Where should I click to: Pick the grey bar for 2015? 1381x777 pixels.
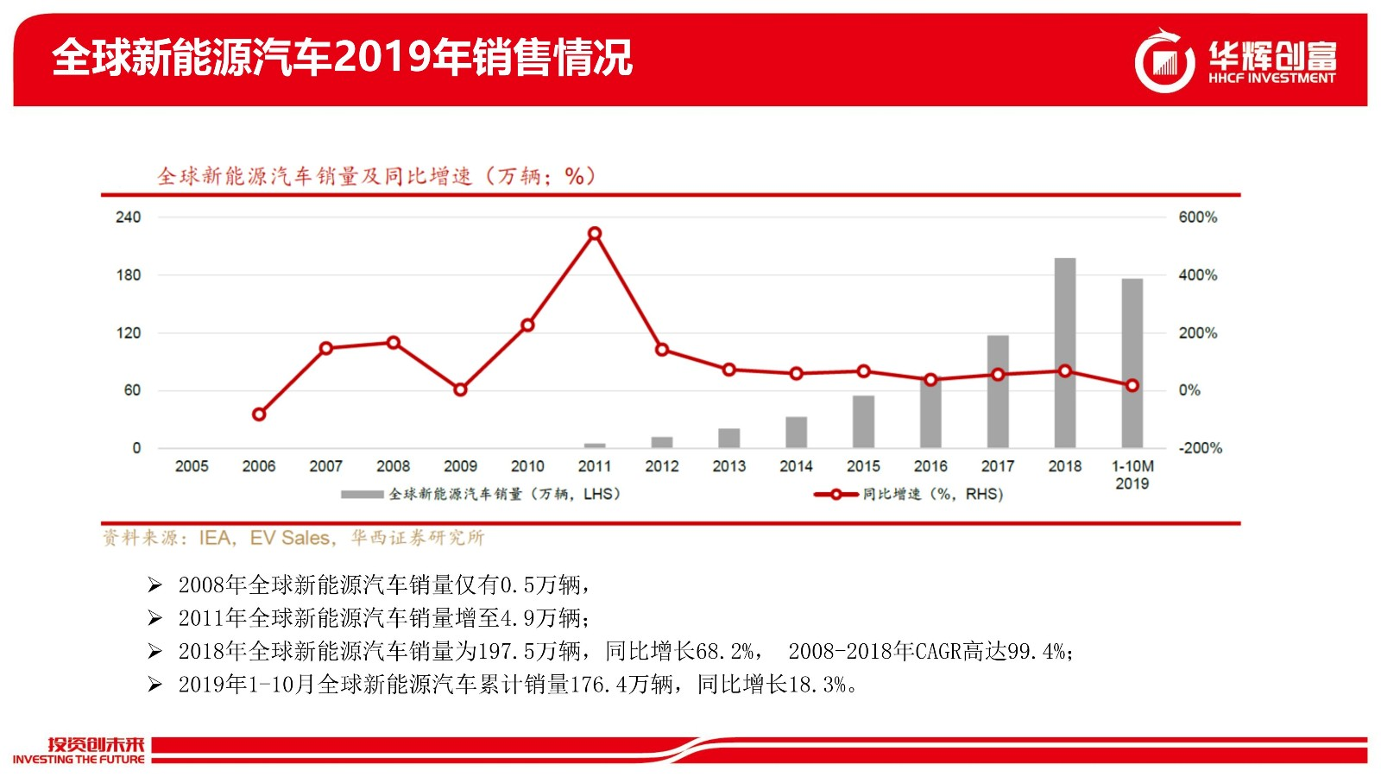click(x=863, y=421)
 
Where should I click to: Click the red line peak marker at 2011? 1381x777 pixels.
click(x=594, y=233)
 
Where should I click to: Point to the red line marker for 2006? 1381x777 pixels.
click(x=259, y=414)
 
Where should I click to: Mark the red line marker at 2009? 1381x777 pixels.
click(x=460, y=389)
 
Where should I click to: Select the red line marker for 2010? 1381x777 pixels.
click(x=527, y=325)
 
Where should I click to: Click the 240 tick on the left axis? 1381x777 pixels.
click(x=128, y=217)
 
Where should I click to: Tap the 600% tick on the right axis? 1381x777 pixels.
click(x=1198, y=217)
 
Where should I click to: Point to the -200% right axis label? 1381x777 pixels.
click(x=1200, y=448)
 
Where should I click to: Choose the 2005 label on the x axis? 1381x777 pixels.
click(x=192, y=466)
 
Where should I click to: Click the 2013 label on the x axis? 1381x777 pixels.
click(x=728, y=466)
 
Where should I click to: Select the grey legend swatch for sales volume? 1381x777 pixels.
click(x=362, y=495)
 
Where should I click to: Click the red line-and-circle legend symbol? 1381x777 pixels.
click(x=835, y=495)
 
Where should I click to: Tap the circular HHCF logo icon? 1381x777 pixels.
click(x=1164, y=60)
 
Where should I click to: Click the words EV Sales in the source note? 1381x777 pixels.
click(x=290, y=538)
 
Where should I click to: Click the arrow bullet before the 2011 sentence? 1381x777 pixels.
click(x=154, y=618)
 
